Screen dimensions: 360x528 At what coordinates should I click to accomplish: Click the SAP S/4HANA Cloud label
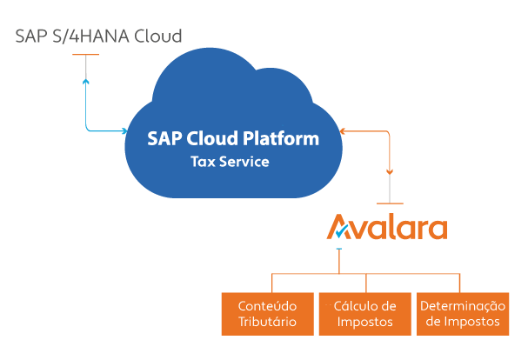coord(98,37)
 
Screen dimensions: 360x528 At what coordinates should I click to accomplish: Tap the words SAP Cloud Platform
coord(232,139)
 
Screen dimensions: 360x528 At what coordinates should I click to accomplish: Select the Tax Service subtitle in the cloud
coord(230,162)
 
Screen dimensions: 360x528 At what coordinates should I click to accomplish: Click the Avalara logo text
coord(387,228)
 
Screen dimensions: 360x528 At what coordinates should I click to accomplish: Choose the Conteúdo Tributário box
coord(268,314)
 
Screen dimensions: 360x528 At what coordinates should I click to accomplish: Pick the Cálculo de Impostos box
coord(364,314)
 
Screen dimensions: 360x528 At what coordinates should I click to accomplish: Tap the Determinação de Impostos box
coord(461,314)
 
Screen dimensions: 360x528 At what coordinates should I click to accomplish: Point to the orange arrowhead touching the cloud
coord(344,132)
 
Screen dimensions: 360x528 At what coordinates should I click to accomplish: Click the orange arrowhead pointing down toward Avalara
coord(390,171)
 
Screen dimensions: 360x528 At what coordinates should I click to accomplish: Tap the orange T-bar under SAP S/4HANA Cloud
coord(85,57)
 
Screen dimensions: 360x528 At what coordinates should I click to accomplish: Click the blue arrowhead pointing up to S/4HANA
coord(85,82)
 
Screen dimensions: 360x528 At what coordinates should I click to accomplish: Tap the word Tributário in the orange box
coord(268,322)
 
